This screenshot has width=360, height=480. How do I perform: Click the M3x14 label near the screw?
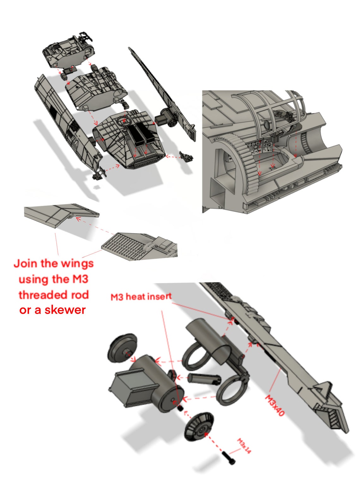pyautogui.click(x=244, y=446)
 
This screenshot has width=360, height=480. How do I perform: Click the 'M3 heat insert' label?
pyautogui.click(x=141, y=297)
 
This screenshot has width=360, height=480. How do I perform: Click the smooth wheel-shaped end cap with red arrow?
pyautogui.click(x=122, y=347)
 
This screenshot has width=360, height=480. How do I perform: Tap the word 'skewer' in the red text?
pyautogui.click(x=65, y=310)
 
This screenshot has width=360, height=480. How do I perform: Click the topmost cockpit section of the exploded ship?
pyautogui.click(x=68, y=51)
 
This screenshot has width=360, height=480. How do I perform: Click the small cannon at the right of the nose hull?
pyautogui.click(x=185, y=156)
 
